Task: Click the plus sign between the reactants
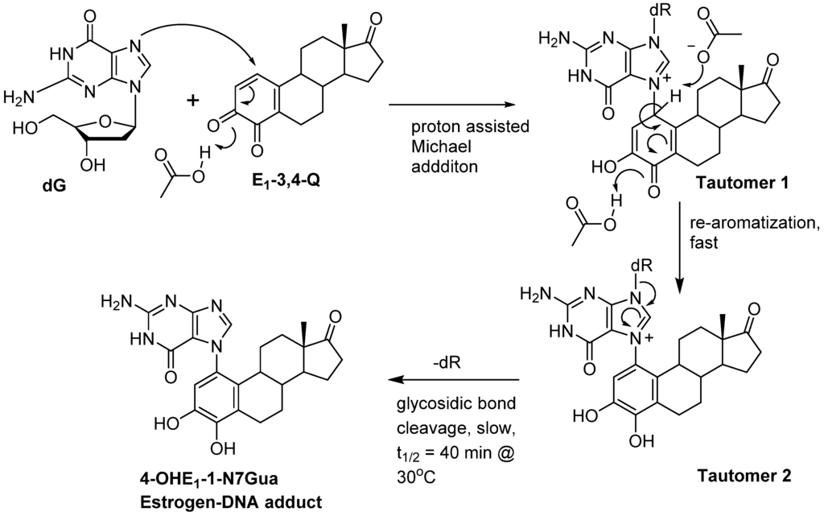click(x=193, y=101)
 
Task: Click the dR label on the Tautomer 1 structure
click(x=592, y=16)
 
